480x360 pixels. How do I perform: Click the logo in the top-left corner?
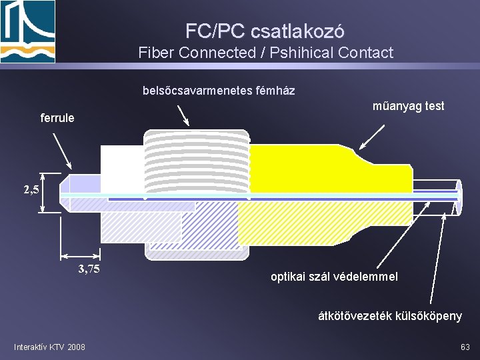28,31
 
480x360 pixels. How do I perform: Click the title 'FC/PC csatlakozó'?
265,31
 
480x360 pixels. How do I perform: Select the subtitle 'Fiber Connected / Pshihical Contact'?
266,53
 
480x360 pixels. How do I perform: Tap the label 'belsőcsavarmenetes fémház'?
219,90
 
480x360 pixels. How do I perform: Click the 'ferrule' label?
57,118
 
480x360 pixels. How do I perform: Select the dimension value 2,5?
31,189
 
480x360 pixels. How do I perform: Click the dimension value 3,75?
89,269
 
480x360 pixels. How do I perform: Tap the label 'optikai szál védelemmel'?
334,276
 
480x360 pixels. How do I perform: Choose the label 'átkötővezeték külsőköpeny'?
389,315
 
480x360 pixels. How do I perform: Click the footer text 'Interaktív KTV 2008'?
49,347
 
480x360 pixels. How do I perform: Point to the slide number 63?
465,347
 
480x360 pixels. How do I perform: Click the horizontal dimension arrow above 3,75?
80,255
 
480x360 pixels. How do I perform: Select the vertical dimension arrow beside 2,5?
43,193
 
